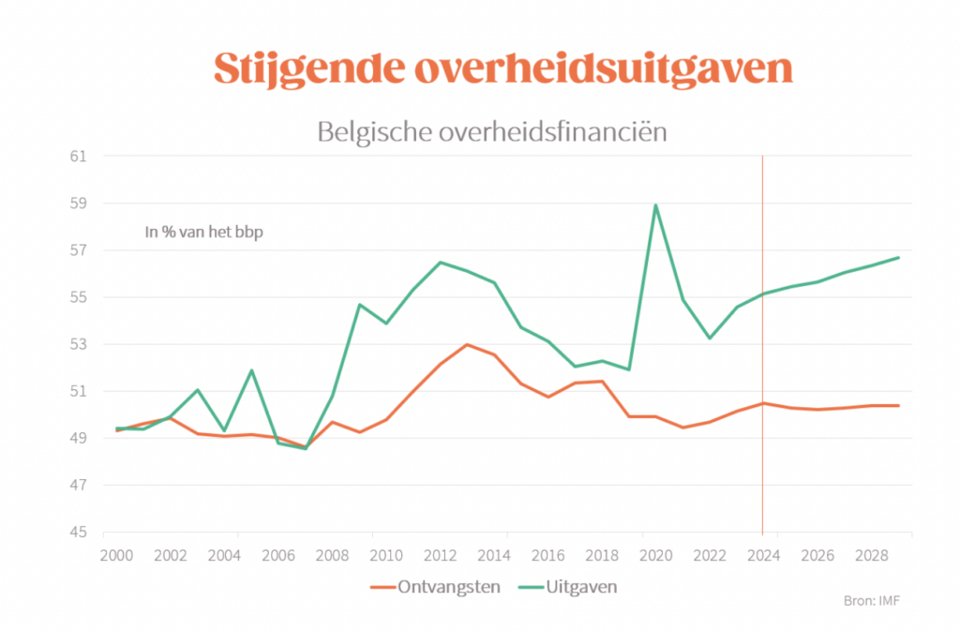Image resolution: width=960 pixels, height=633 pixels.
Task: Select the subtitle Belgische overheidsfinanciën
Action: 492,131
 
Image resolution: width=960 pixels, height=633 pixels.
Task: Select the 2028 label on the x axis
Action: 871,555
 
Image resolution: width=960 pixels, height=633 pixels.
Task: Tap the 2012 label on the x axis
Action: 441,555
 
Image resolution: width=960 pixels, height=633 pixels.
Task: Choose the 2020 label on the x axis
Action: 656,555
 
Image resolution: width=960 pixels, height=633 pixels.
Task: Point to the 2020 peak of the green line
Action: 656,204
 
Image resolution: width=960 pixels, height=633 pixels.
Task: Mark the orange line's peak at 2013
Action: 467,344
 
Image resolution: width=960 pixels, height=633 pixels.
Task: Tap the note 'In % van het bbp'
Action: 203,233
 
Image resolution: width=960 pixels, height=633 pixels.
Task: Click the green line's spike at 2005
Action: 251,370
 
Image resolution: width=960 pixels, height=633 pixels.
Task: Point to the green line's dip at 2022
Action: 710,338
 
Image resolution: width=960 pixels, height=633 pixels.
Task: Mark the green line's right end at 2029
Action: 898,258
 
